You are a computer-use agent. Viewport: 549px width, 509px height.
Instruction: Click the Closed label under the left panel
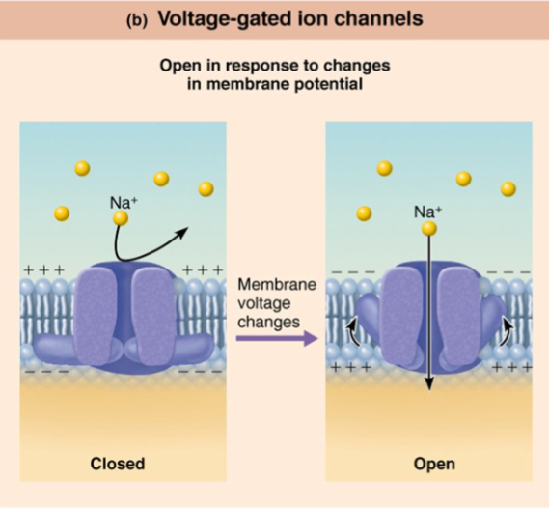pos(117,464)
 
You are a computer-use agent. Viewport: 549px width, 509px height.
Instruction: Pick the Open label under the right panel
pos(433,464)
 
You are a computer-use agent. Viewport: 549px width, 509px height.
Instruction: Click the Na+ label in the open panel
pos(426,211)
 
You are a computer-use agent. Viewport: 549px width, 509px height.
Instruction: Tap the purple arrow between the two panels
pos(277,338)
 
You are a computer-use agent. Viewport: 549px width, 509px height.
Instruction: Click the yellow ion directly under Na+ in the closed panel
pos(120,219)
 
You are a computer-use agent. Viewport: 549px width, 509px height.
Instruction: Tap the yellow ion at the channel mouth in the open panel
pos(428,229)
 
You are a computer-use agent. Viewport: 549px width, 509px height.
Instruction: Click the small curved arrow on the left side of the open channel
pos(356,331)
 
